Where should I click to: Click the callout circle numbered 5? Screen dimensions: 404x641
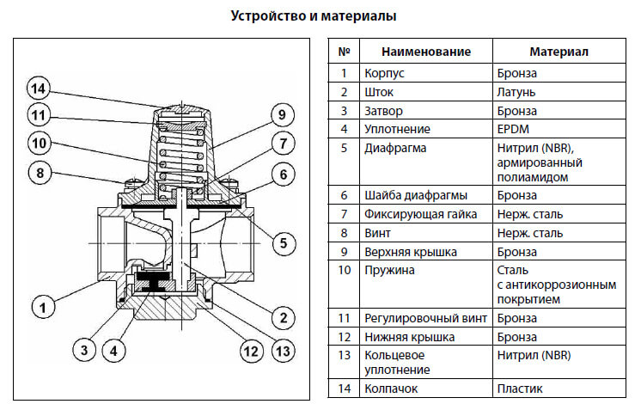(280, 242)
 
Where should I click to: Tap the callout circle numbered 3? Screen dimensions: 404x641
(83, 350)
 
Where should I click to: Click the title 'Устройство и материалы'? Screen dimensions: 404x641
(319, 16)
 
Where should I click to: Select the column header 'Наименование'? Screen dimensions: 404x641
(426, 52)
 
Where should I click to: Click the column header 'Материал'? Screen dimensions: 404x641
(559, 52)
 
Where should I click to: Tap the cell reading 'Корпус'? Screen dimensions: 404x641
(384, 73)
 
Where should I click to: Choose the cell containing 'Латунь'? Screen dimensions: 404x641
(516, 92)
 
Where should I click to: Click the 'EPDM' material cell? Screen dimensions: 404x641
(513, 129)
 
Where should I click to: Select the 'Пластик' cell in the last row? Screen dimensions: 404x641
(519, 389)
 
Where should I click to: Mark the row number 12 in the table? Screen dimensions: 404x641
(344, 336)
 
